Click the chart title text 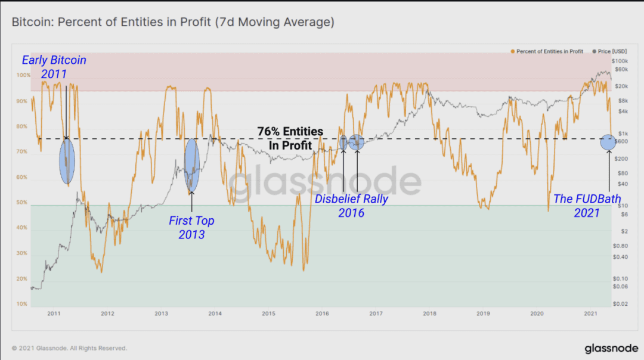(173, 22)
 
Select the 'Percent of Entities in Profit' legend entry (547, 51)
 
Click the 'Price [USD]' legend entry (609, 51)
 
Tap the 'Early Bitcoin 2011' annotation (54, 67)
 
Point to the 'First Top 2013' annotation (191, 228)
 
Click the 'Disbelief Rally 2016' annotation (351, 206)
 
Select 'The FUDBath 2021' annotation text (587, 206)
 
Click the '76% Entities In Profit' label (290, 138)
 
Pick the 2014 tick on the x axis (215, 314)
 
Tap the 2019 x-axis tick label (483, 314)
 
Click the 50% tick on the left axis (22, 203)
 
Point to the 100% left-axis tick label (23, 75)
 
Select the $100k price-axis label (620, 61)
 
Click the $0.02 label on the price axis (620, 304)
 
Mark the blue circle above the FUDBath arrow (608, 142)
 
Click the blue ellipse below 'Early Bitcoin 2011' (67, 161)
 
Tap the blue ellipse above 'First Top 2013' (192, 165)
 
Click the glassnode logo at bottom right (611, 349)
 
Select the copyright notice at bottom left (69, 348)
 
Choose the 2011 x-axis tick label (54, 314)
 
